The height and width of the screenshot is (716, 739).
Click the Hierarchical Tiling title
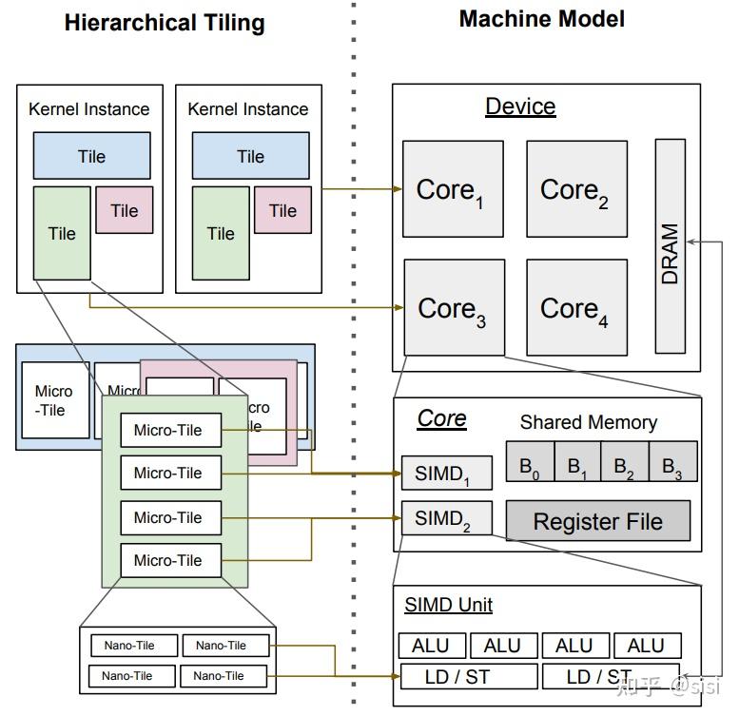point(165,23)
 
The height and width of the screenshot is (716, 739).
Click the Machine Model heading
point(541,18)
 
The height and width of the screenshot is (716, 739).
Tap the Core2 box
point(576,189)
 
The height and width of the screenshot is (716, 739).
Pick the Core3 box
point(453,307)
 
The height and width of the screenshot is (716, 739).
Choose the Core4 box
point(576,307)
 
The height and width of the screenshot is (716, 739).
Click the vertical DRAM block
point(670,246)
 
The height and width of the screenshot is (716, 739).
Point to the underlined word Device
point(520,106)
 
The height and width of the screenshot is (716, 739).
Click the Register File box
point(597,521)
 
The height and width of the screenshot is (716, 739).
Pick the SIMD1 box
point(446,474)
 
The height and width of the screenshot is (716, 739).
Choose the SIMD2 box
point(446,518)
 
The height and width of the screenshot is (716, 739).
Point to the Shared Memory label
point(588,422)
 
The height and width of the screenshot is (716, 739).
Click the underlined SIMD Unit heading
point(448,605)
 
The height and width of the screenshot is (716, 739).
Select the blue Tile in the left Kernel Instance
point(91,156)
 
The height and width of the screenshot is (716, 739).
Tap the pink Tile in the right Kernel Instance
point(282,210)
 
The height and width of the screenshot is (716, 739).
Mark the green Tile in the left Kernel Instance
point(62,233)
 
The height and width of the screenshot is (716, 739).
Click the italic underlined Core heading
point(442,418)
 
